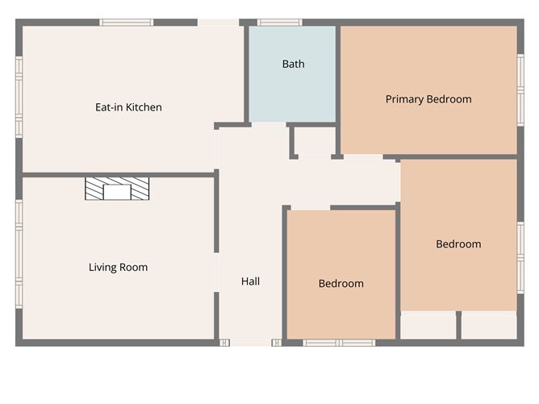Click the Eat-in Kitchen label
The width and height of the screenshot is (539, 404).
(128, 107)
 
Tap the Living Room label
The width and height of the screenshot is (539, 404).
(118, 267)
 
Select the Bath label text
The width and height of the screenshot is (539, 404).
(293, 64)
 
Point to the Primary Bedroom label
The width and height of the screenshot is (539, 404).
(428, 99)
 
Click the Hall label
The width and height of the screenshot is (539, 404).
(250, 281)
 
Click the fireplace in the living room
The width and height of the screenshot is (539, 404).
(117, 189)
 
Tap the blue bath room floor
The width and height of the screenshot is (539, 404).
(291, 93)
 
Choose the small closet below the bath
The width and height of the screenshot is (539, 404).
(314, 140)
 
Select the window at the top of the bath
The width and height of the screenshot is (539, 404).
(279, 23)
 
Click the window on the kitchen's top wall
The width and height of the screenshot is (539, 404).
(127, 23)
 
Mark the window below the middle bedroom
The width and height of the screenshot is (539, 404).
(339, 343)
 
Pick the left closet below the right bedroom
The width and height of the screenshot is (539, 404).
(428, 325)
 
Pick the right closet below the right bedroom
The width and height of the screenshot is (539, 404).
(488, 325)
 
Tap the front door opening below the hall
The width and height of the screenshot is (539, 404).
(250, 343)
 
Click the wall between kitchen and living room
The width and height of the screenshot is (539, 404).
(119, 174)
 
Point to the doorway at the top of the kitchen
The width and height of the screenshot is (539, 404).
(218, 23)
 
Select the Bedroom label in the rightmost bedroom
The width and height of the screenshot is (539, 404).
(458, 244)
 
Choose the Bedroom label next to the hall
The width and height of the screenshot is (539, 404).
(341, 283)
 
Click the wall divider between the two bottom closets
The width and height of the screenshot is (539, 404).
(458, 325)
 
